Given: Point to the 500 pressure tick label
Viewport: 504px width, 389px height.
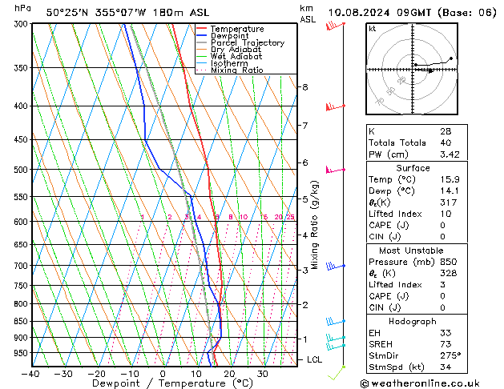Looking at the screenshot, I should (x=21, y=170).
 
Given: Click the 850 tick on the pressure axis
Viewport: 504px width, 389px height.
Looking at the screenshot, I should (x=21, y=321).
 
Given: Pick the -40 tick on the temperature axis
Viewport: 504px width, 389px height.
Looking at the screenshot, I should (x=31, y=374).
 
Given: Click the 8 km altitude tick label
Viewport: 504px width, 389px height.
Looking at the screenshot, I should (x=304, y=86).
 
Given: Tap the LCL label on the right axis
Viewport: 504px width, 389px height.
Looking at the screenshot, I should (x=315, y=359).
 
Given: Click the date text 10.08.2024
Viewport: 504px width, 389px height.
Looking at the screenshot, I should (x=361, y=12).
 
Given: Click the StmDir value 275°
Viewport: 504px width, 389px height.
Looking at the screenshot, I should (x=450, y=355).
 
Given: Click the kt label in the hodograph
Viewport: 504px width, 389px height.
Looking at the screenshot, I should (x=373, y=29).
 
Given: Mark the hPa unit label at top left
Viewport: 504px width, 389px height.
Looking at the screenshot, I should (x=22, y=8).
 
